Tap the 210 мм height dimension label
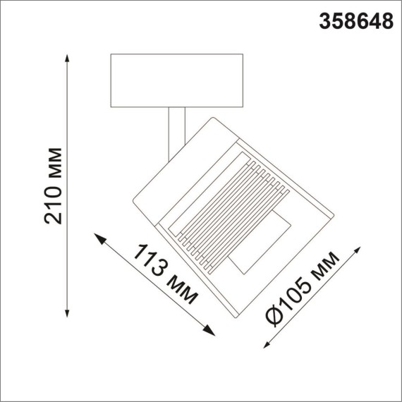(54, 185)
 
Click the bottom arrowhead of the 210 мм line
(68, 312)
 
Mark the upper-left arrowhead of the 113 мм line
(100, 237)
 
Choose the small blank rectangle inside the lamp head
(260, 243)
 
